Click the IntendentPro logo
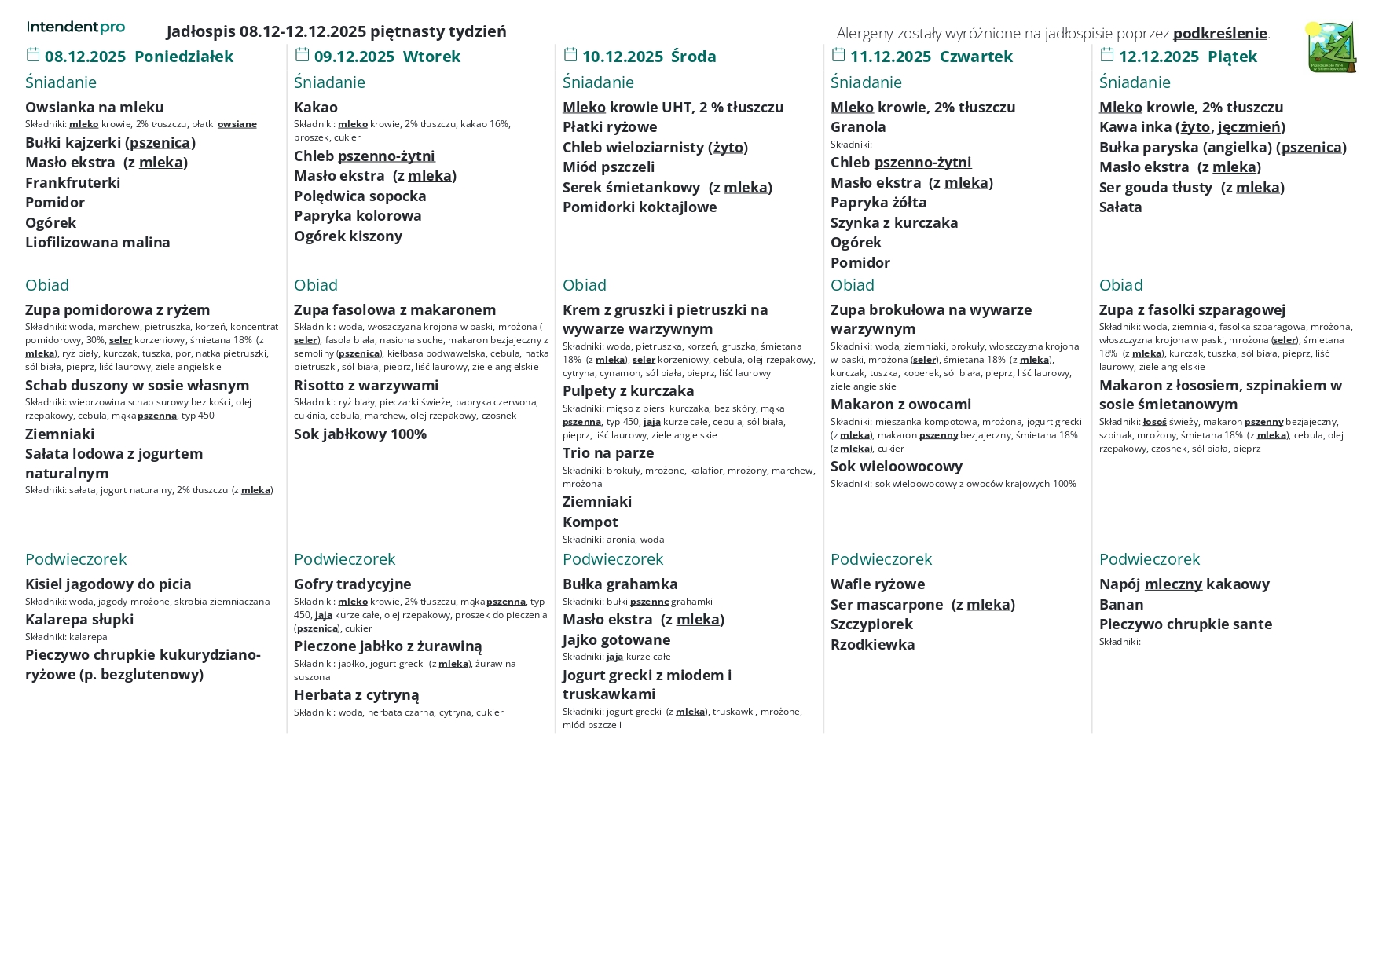tap(75, 27)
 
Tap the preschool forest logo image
tap(1331, 47)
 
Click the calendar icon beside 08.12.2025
tap(33, 55)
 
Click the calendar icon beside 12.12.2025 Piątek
tap(1107, 55)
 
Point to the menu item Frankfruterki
tap(73, 182)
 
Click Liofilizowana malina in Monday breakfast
tap(97, 242)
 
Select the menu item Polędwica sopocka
tap(360, 196)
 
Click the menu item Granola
tap(858, 126)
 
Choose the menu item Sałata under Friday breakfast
tap(1120, 207)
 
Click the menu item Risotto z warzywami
tap(366, 385)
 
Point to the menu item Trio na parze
tap(608, 452)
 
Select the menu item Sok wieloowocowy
tap(897, 466)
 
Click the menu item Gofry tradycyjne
tap(352, 584)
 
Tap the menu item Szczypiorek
tap(871, 624)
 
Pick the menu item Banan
tap(1121, 604)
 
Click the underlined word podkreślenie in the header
tap(1219, 33)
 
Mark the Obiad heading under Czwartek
tap(852, 285)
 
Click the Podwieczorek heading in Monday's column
tap(75, 559)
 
